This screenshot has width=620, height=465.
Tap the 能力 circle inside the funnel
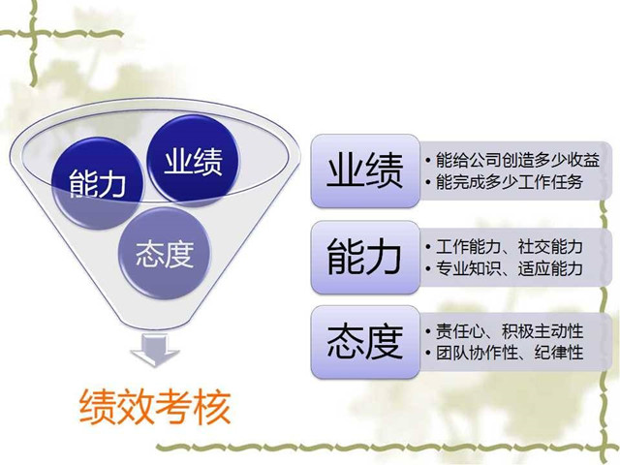pos(98,180)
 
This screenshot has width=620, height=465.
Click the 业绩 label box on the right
pos(365,170)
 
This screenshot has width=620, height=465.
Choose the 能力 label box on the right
pos(365,257)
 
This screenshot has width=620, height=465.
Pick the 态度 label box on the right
pos(365,342)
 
